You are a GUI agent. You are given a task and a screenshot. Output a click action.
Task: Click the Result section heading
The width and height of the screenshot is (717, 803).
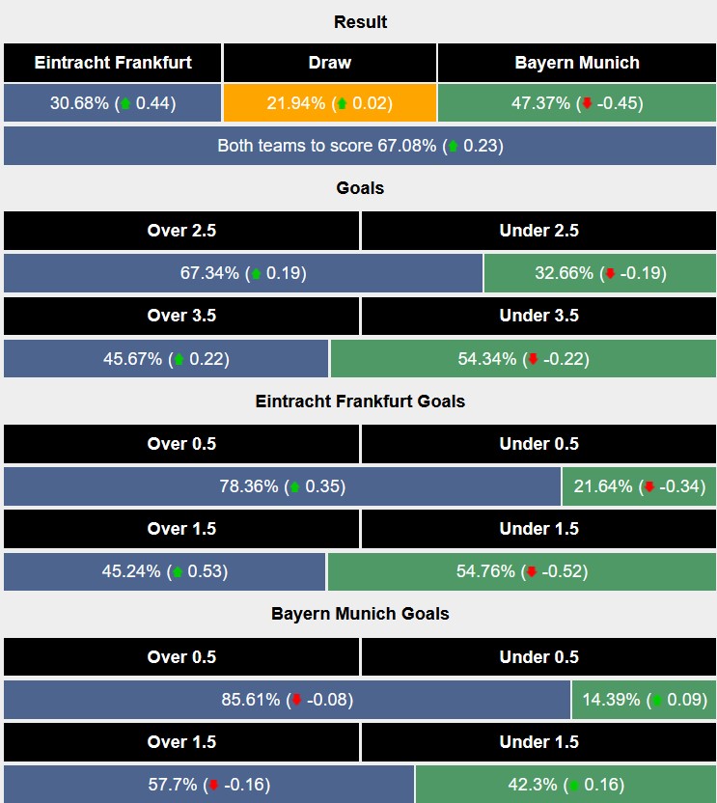[x=360, y=22]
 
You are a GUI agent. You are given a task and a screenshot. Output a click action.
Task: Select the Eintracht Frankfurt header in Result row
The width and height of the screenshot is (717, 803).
[x=113, y=63]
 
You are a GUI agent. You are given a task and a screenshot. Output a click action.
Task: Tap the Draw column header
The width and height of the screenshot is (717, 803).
[x=330, y=63]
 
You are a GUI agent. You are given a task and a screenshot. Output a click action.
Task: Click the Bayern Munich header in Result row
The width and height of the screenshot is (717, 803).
[x=577, y=63]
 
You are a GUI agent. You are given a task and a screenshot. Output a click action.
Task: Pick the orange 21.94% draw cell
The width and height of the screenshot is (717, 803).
[x=330, y=103]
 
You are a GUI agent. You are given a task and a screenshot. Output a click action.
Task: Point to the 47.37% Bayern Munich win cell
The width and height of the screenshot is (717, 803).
[x=577, y=103]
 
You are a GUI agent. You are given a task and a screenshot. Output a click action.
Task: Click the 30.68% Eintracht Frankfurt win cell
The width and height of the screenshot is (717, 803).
[x=113, y=103]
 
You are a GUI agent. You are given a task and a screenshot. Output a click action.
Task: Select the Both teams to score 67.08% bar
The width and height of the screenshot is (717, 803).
[x=360, y=147]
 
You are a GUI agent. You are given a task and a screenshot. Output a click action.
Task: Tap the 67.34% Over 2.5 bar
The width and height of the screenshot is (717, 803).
[x=243, y=273]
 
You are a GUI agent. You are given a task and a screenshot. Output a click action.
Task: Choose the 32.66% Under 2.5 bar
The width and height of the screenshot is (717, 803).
[x=599, y=273]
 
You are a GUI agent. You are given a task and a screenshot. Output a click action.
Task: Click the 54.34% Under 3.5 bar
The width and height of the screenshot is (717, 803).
[x=523, y=359]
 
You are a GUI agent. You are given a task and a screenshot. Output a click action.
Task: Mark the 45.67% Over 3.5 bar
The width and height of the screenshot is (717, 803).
[x=166, y=359]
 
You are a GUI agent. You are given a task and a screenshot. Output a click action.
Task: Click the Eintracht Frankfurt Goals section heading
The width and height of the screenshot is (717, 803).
[x=360, y=401]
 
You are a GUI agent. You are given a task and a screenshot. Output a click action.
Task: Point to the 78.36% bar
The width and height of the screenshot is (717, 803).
[x=282, y=486]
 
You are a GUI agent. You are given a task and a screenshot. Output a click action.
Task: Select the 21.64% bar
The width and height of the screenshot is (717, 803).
[x=638, y=486]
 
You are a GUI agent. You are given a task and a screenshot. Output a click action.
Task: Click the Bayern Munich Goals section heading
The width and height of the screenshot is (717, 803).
[x=360, y=614]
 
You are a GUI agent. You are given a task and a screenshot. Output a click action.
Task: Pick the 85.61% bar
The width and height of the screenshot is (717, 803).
[x=287, y=700]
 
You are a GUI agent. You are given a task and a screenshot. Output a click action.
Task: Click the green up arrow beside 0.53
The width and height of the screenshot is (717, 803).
[x=177, y=572]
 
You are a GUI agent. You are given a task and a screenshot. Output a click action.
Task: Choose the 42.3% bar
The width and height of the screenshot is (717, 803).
[x=565, y=784]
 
